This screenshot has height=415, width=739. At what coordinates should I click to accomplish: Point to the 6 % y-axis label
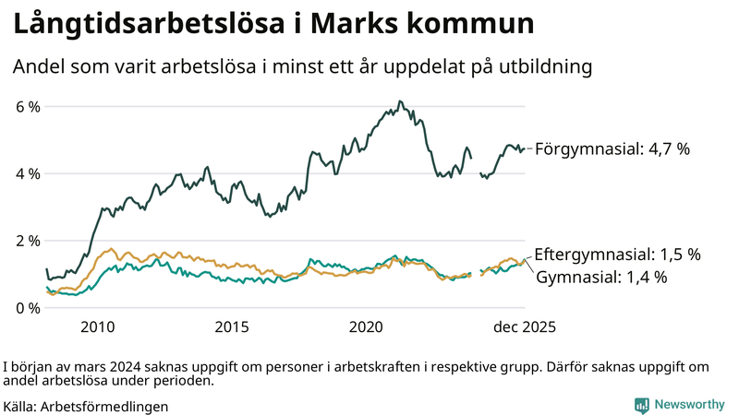point(28,107)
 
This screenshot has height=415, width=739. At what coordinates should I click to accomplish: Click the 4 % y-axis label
point(28,173)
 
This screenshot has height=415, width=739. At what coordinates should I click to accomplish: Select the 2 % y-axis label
point(28,241)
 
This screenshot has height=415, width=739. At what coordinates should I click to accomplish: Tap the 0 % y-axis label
point(28,308)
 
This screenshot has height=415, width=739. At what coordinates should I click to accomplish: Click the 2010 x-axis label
point(98,327)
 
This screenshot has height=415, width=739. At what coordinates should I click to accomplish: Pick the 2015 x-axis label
point(232,327)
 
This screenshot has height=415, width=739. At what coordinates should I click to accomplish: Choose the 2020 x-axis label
point(367,327)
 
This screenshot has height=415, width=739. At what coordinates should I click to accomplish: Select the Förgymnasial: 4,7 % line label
point(612,148)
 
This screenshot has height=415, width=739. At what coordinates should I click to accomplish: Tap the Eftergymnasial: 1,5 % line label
point(617,254)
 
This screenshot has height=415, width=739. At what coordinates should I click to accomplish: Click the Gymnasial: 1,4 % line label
point(601,277)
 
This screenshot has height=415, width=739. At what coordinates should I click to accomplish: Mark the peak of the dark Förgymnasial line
point(399,101)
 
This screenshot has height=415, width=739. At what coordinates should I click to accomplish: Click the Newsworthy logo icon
point(641,405)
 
